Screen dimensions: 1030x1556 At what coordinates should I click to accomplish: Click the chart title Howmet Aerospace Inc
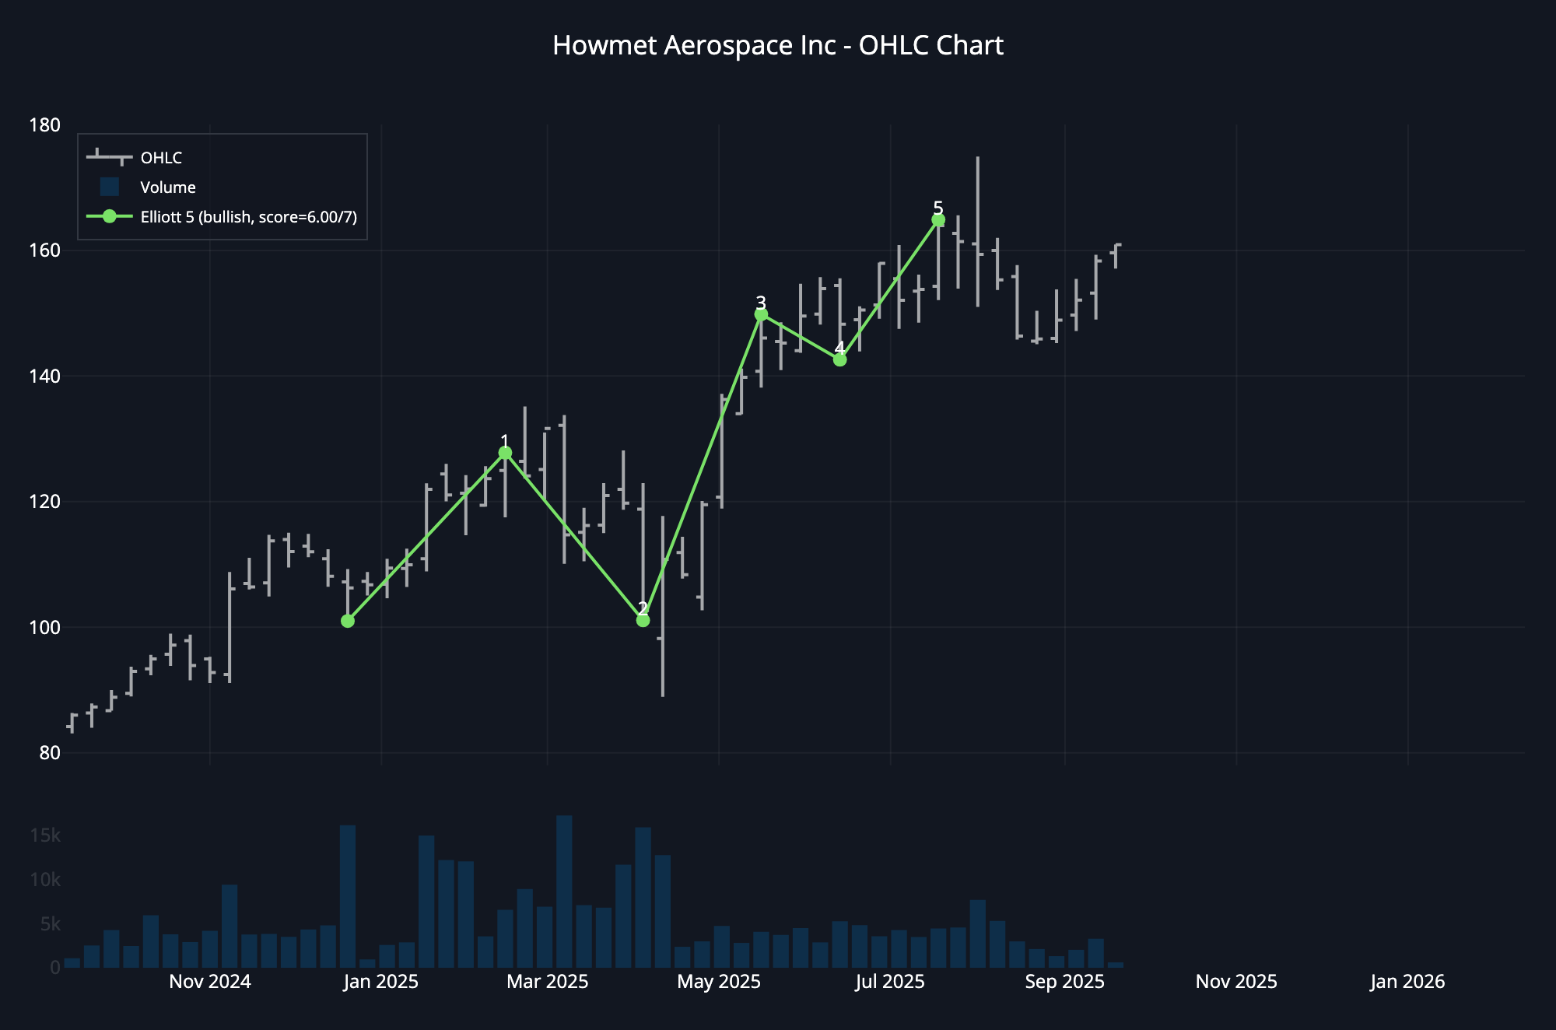[778, 46]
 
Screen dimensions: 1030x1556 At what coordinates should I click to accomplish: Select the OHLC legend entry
[161, 158]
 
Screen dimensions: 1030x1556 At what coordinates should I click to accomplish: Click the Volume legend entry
[167, 187]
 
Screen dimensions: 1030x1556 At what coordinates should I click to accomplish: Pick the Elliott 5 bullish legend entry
[248, 217]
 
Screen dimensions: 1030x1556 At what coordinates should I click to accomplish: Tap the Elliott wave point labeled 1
[505, 453]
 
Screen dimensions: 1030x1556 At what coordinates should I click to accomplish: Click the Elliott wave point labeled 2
[643, 620]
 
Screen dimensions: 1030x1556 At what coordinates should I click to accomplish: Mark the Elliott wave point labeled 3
[761, 314]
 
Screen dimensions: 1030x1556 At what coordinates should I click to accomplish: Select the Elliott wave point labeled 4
[839, 359]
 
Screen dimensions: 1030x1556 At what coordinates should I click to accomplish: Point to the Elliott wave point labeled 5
[938, 220]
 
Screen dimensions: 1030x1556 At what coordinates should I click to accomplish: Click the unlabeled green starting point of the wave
[348, 621]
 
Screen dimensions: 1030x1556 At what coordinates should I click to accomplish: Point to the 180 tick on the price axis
[44, 125]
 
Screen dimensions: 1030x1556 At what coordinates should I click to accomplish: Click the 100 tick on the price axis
[44, 627]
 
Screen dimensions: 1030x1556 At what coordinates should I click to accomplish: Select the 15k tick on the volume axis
[45, 836]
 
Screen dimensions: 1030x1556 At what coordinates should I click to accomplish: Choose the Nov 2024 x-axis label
[210, 982]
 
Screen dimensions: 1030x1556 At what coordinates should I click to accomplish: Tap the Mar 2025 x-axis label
[548, 982]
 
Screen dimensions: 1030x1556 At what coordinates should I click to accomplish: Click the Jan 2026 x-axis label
[1407, 982]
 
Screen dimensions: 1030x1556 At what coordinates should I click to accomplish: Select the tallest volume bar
[565, 892]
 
